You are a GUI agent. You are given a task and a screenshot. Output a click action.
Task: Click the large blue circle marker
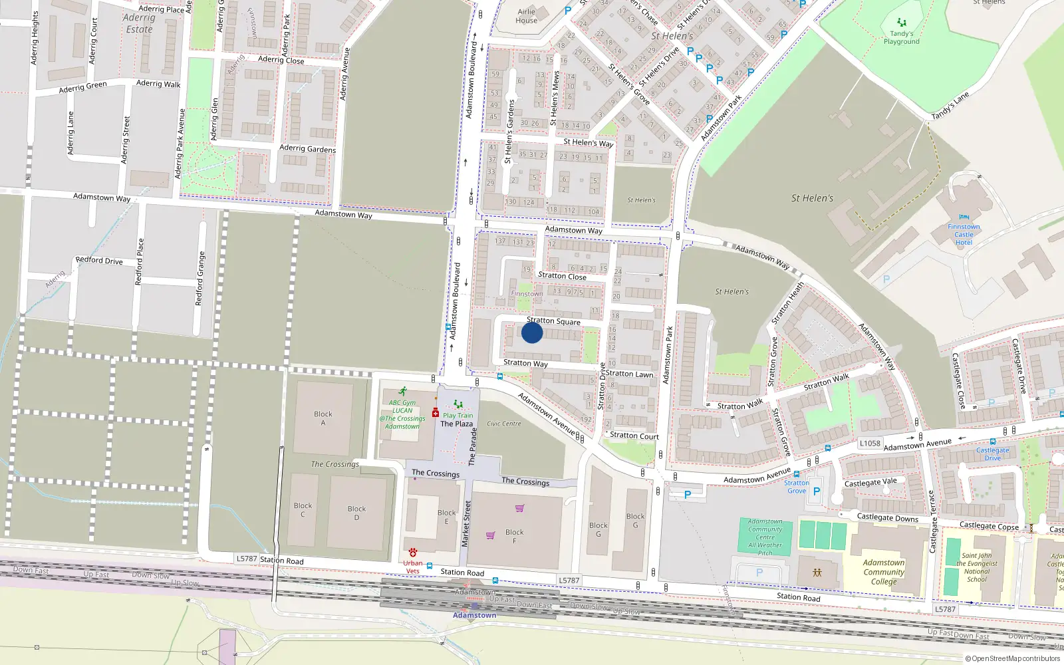(532, 332)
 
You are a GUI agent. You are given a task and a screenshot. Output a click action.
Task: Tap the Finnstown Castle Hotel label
(964, 234)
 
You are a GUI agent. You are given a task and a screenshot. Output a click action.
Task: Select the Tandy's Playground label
(902, 37)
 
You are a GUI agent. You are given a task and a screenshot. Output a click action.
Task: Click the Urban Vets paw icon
(413, 553)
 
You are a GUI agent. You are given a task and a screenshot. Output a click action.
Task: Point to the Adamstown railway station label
(474, 615)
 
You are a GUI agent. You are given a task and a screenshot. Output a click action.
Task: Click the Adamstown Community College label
(884, 572)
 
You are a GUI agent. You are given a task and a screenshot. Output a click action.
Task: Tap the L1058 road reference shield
(870, 443)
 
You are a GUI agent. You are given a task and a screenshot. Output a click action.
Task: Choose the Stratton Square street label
(553, 321)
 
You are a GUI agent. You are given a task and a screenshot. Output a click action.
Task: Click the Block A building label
(323, 418)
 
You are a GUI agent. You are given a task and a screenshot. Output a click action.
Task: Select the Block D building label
(356, 513)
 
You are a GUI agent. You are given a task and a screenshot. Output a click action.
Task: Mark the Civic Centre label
(503, 424)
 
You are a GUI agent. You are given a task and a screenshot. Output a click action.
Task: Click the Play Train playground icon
(458, 404)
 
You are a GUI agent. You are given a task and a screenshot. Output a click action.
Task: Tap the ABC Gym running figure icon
(402, 392)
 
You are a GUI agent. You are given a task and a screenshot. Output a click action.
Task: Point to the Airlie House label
(526, 16)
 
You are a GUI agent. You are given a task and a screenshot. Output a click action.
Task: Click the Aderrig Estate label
(139, 23)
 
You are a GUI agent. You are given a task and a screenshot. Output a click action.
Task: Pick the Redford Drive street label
(99, 260)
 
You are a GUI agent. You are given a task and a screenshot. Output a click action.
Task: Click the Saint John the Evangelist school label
(976, 567)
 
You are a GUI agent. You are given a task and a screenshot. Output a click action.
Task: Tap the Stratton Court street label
(634, 436)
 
